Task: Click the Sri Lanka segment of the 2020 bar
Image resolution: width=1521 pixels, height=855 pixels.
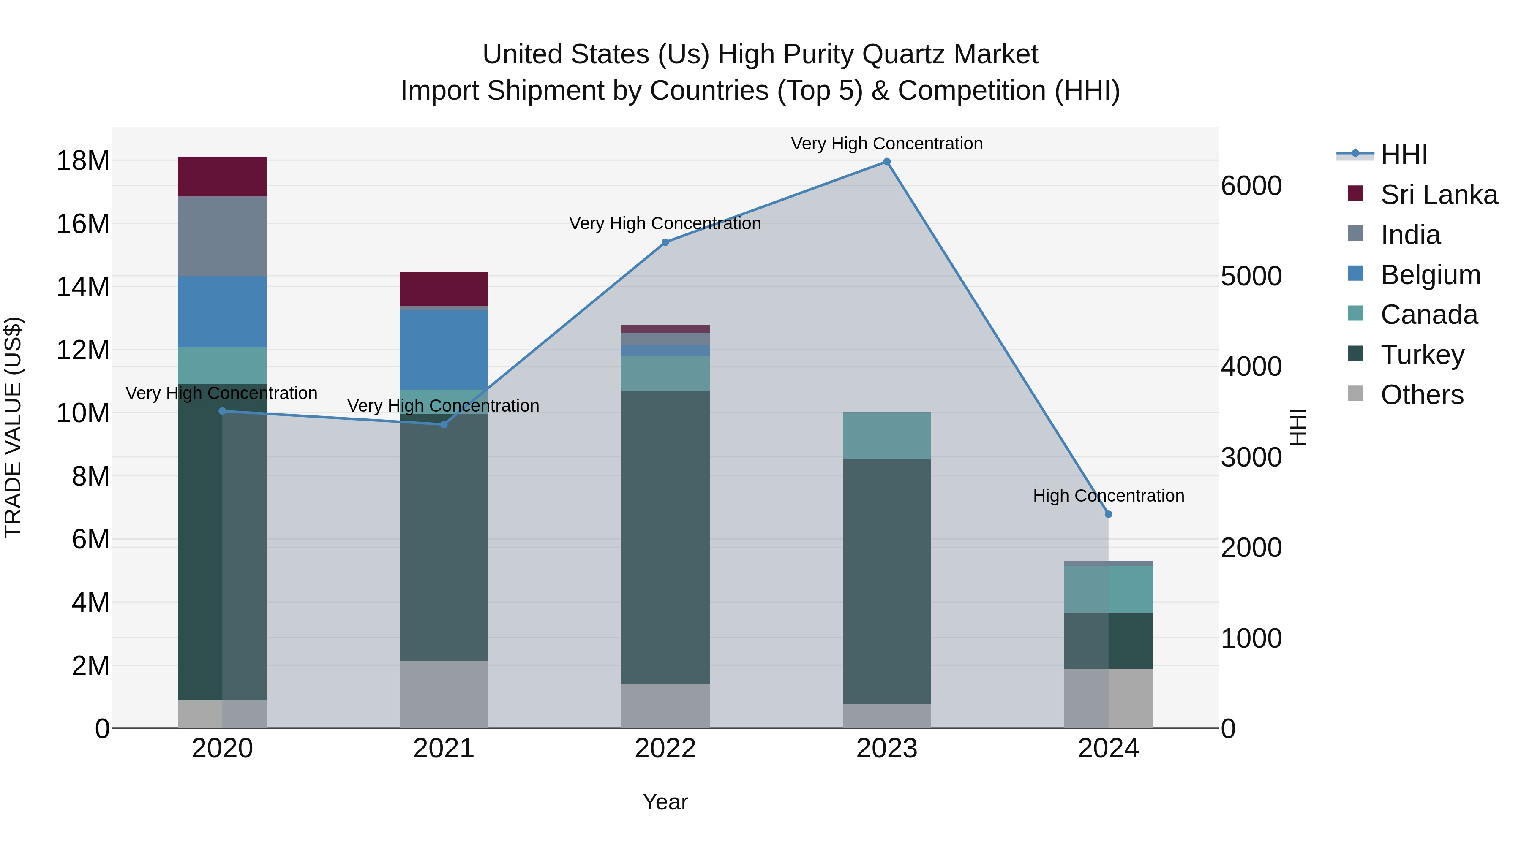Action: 222,176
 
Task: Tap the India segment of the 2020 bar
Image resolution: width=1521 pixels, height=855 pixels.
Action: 222,236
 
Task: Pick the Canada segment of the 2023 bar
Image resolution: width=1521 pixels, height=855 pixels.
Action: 886,435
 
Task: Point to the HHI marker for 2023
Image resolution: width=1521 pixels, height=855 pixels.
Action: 886,162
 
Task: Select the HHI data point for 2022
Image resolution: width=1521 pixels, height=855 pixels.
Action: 665,242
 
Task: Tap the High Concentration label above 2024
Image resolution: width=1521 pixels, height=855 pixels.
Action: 1108,496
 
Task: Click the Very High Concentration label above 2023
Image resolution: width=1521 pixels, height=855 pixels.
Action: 886,144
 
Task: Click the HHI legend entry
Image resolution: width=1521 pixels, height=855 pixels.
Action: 1404,155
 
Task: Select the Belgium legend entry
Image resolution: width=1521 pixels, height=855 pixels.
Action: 1430,275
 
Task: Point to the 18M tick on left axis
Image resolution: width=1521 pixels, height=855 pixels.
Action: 83,160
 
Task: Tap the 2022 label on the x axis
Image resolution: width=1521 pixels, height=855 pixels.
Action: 665,749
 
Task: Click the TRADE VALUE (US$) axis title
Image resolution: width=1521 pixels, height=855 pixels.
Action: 13,427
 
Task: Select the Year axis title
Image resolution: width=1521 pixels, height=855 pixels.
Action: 665,802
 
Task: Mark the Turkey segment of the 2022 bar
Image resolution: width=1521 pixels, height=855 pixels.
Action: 665,537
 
